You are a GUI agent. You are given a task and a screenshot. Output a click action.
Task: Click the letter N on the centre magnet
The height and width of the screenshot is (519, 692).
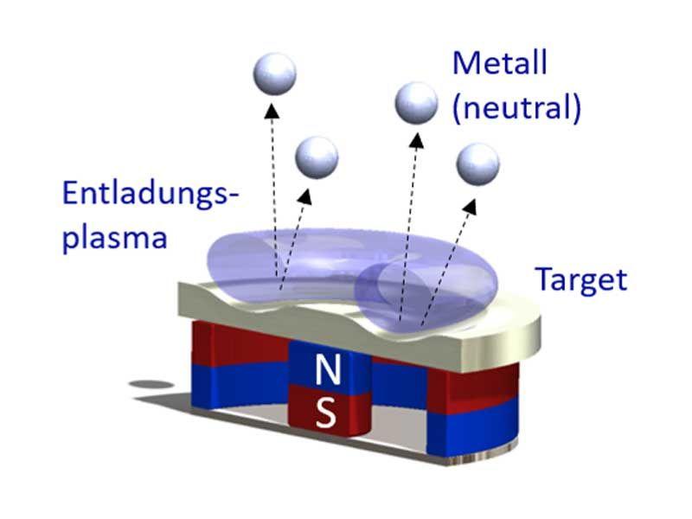[x=327, y=371]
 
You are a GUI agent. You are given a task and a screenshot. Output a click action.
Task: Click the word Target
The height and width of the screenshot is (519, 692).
[x=580, y=279]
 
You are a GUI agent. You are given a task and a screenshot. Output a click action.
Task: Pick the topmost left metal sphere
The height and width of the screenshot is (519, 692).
[x=274, y=74]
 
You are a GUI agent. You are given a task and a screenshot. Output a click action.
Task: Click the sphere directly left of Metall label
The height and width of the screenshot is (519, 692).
[x=416, y=103]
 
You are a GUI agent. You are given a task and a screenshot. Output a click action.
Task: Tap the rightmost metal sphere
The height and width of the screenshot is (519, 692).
[x=477, y=163]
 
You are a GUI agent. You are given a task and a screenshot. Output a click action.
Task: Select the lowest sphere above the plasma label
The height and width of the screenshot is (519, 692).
[x=317, y=158]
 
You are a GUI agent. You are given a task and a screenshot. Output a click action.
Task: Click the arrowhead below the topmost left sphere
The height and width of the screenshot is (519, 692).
[x=272, y=110]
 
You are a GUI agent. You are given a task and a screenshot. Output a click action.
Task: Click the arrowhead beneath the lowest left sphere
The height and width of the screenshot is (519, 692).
[x=307, y=196]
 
